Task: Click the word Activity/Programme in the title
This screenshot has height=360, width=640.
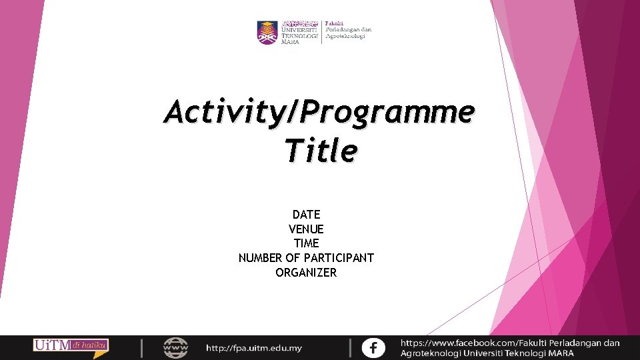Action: (319, 112)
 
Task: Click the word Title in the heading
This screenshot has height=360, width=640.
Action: (320, 151)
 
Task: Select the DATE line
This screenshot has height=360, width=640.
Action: (306, 215)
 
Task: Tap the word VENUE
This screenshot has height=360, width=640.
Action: (306, 229)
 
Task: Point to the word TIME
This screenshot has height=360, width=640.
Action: (306, 243)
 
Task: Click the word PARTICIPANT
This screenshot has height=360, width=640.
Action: (339, 258)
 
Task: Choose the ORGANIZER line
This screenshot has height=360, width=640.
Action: (306, 273)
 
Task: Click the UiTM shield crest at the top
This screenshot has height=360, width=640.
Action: (267, 32)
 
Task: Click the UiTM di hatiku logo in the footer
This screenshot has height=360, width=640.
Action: (71, 346)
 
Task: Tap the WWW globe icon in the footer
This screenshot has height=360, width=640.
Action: (176, 347)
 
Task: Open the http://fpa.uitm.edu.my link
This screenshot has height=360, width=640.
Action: (253, 348)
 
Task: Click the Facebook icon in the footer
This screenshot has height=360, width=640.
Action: (373, 347)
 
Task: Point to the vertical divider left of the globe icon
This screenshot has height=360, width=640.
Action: (141, 347)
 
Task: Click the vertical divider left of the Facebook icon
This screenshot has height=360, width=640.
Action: (350, 347)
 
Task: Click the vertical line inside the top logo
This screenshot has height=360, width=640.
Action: (322, 32)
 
